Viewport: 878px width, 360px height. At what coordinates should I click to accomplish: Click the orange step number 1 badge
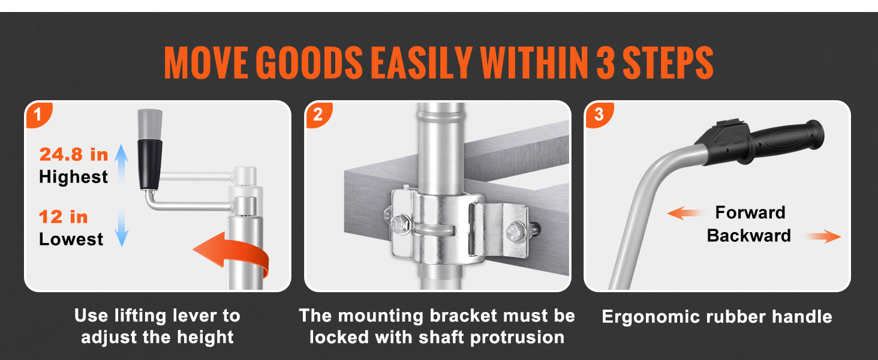(x=38, y=115)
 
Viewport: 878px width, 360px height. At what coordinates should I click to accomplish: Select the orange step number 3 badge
(x=599, y=115)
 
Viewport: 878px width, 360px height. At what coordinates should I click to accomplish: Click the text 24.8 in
(x=74, y=154)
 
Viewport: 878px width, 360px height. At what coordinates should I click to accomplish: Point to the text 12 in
(x=63, y=217)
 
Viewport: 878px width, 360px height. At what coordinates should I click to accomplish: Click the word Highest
(x=73, y=177)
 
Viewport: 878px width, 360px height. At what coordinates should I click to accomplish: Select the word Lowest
(x=71, y=239)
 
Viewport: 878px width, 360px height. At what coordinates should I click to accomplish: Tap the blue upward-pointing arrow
(x=122, y=165)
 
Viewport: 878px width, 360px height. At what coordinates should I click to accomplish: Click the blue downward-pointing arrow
(x=122, y=227)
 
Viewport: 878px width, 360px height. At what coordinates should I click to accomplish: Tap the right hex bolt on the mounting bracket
(x=516, y=232)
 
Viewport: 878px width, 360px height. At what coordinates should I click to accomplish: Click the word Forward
(x=750, y=212)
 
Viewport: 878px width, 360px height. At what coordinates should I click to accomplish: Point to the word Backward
(x=749, y=236)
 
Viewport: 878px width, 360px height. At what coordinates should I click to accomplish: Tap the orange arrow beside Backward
(x=822, y=236)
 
